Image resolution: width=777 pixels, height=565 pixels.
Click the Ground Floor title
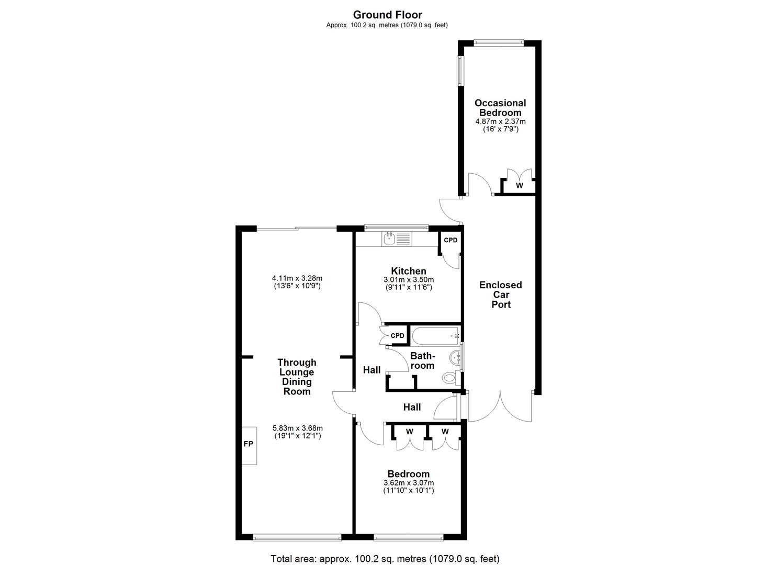click(x=387, y=15)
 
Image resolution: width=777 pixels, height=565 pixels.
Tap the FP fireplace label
click(x=248, y=444)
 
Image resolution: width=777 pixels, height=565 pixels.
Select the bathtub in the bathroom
click(x=435, y=336)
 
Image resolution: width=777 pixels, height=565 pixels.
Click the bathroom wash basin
click(x=455, y=358)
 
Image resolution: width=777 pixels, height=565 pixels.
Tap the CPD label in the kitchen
click(x=451, y=240)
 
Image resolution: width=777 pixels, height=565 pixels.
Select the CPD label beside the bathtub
click(x=398, y=335)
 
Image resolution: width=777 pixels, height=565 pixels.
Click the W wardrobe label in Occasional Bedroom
click(x=519, y=186)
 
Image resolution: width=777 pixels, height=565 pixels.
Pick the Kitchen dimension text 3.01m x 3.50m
click(x=408, y=280)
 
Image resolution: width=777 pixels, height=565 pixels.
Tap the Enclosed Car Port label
click(x=501, y=295)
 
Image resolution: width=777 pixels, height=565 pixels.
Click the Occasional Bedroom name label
click(x=500, y=108)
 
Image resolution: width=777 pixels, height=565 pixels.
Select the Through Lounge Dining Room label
click(x=297, y=377)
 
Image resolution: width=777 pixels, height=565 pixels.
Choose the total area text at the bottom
click(x=385, y=559)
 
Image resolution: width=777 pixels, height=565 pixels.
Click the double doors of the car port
click(x=501, y=408)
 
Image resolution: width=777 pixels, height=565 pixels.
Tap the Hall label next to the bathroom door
click(x=372, y=370)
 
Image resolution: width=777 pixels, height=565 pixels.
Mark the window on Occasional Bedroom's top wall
click(x=498, y=43)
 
